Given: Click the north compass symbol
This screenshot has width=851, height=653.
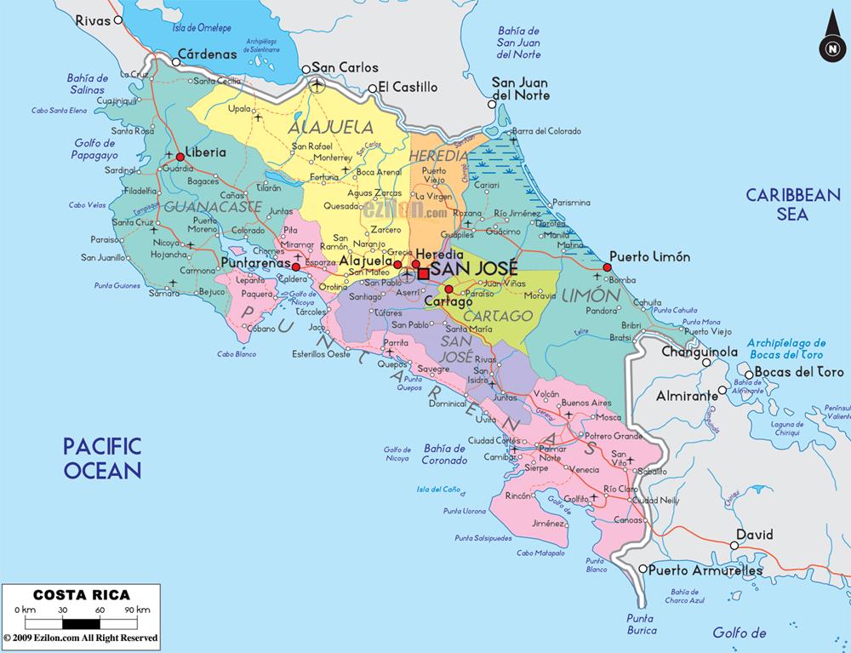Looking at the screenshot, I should pyautogui.click(x=830, y=48).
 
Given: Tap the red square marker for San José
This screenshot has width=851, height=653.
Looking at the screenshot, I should pyautogui.click(x=424, y=273).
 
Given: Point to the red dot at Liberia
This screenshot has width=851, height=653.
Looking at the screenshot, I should pyautogui.click(x=180, y=157).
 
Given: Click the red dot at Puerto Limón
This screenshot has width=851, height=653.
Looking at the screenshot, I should pyautogui.click(x=607, y=267).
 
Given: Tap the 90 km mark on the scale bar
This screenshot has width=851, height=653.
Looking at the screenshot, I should pyautogui.click(x=130, y=610).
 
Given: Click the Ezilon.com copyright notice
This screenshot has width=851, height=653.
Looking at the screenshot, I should pyautogui.click(x=80, y=637).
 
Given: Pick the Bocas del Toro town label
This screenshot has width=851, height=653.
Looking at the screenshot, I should pyautogui.click(x=798, y=372).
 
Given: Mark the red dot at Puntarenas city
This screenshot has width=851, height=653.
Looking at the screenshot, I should pyautogui.click(x=296, y=266).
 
